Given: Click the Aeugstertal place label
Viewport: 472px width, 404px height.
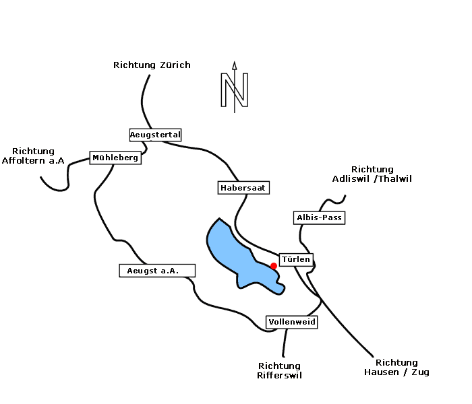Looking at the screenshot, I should pyautogui.click(x=155, y=135).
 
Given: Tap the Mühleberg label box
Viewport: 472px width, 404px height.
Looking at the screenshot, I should pyautogui.click(x=115, y=158).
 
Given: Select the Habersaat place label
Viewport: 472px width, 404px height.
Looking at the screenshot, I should pyautogui.click(x=243, y=188).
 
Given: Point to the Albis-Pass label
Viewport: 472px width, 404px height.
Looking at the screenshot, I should pyautogui.click(x=320, y=217).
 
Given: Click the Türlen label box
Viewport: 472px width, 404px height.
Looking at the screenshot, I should pyautogui.click(x=295, y=260).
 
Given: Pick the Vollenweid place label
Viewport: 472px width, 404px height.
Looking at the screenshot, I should pyautogui.click(x=292, y=322).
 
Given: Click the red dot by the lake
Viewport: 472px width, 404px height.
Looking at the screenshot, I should pyautogui.click(x=274, y=266).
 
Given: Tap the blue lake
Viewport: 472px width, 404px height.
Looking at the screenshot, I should pyautogui.click(x=233, y=252).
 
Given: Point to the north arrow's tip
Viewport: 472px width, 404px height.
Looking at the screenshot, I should pyautogui.click(x=235, y=63).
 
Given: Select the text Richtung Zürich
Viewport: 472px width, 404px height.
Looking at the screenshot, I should pyautogui.click(x=152, y=65).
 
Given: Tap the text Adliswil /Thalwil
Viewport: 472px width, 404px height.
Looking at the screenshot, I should pyautogui.click(x=372, y=179).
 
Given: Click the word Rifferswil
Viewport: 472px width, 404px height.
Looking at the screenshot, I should pyautogui.click(x=279, y=375).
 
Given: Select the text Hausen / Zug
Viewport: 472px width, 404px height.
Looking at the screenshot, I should pyautogui.click(x=396, y=372).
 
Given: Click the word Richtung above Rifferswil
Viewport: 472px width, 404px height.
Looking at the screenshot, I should pyautogui.click(x=279, y=366).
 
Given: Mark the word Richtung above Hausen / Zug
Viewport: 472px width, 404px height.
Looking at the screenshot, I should pyautogui.click(x=396, y=362).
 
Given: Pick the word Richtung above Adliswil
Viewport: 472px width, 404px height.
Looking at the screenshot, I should pyautogui.click(x=372, y=170).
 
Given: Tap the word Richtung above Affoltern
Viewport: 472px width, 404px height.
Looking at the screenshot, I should pyautogui.click(x=33, y=151).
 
